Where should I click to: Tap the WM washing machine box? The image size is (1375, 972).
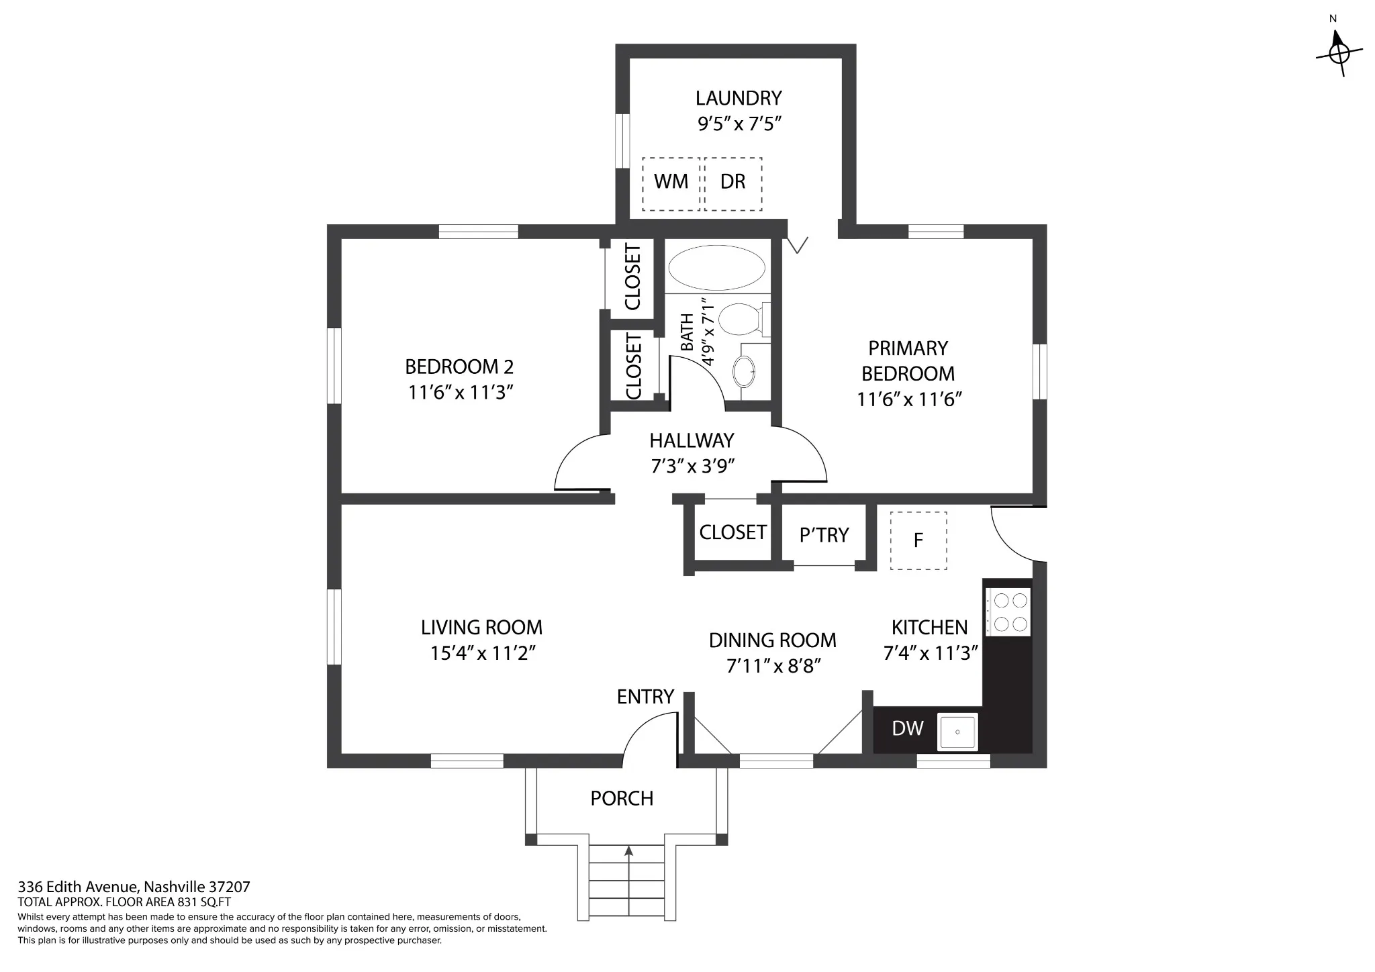[671, 183]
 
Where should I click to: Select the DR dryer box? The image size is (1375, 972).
[733, 183]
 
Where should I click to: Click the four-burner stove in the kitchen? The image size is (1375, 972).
[1007, 612]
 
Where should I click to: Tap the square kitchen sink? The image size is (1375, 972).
[958, 732]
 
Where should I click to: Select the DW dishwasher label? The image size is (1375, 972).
[908, 728]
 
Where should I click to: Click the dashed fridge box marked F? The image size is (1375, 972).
[918, 541]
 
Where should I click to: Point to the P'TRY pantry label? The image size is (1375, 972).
[824, 535]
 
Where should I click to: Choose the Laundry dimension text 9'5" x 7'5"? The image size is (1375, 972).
[739, 124]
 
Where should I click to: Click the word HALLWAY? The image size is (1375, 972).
[692, 440]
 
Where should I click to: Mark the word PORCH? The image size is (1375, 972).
[622, 798]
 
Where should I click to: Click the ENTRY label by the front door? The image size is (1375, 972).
[645, 697]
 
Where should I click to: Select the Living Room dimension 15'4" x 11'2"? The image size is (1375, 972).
[483, 653]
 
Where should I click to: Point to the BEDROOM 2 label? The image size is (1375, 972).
[459, 367]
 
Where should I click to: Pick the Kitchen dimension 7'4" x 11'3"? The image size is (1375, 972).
[931, 653]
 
